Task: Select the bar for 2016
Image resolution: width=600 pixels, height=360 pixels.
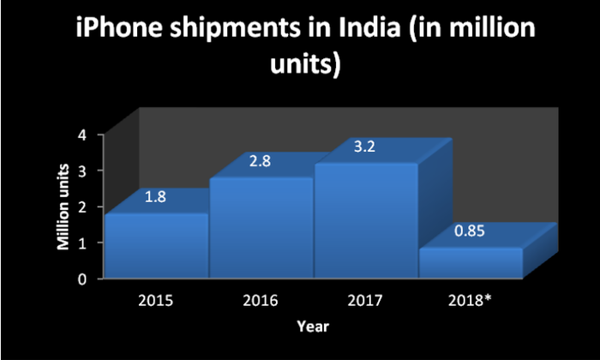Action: (262, 227)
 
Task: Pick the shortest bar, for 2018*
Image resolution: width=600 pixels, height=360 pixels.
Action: (471, 262)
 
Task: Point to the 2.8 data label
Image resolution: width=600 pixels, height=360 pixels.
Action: (260, 160)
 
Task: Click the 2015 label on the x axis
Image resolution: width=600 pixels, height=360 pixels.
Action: (157, 302)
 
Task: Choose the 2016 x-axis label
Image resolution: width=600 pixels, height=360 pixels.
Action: (261, 302)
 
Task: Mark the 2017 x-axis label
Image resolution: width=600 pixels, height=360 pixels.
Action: (366, 302)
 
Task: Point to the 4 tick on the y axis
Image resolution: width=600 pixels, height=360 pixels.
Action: (83, 135)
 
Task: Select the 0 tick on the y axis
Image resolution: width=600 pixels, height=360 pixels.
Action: (83, 279)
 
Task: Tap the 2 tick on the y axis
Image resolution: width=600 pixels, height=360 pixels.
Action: (83, 207)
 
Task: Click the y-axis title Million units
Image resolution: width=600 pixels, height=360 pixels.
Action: (63, 206)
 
